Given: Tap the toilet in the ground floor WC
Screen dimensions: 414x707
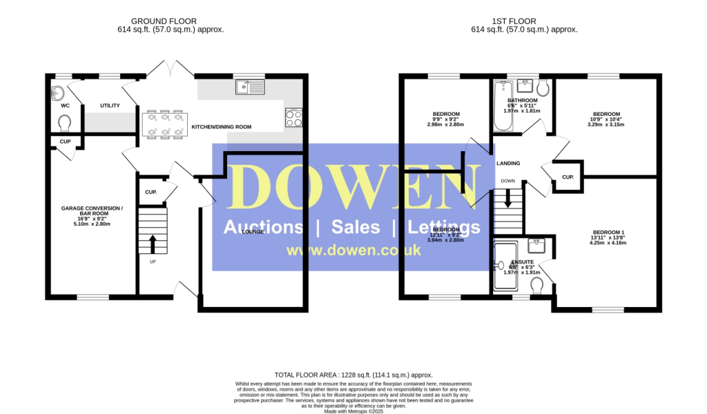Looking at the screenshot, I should [x=65, y=123].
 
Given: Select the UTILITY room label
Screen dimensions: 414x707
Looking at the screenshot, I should [x=110, y=106].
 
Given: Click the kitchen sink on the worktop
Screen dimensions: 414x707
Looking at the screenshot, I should [x=249, y=87].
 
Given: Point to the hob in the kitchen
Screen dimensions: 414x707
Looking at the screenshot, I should [x=293, y=117].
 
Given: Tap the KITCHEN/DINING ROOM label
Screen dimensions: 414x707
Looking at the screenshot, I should [x=221, y=127].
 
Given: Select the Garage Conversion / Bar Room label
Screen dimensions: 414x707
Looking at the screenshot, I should [x=92, y=211].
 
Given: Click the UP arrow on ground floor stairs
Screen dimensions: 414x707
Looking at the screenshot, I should [x=153, y=243].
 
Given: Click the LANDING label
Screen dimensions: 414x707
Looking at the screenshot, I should [x=508, y=163].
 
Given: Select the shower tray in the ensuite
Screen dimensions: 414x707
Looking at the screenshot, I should [x=505, y=266].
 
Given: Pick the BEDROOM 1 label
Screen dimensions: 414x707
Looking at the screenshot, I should [x=608, y=232].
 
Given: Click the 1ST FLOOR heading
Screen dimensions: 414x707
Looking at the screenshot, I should [x=524, y=21].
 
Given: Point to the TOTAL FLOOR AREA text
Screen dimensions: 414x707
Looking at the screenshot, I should [x=353, y=375].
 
